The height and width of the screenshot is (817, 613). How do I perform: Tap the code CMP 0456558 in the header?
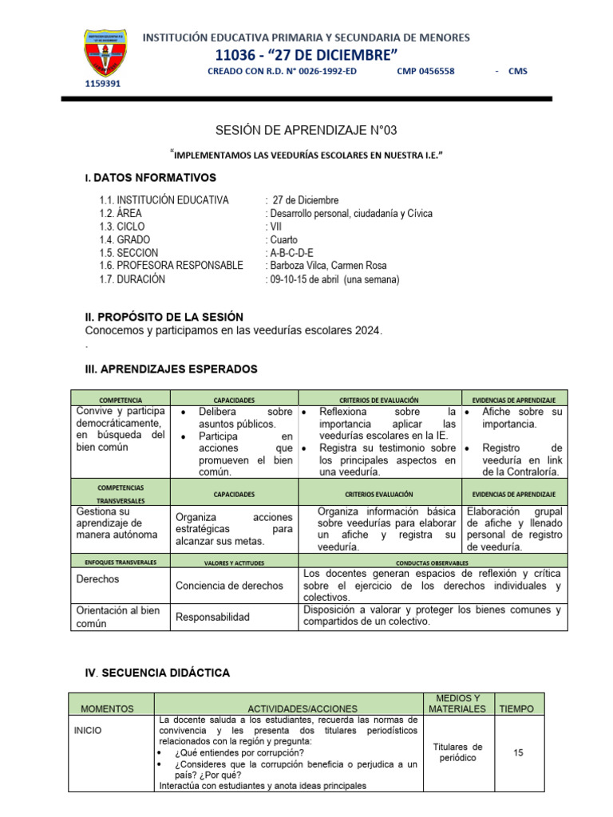click(425, 71)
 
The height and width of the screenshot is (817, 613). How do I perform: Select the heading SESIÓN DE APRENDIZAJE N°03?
click(306, 130)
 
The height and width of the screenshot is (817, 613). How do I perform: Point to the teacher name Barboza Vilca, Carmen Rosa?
click(327, 266)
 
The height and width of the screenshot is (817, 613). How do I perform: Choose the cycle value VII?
click(276, 227)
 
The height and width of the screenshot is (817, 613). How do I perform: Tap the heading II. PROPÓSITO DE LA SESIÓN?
click(164, 317)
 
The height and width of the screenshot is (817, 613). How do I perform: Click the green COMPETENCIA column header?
click(121, 398)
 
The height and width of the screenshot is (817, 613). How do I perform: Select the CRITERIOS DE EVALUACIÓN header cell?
click(379, 398)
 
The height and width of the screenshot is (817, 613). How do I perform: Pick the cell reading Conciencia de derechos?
click(229, 585)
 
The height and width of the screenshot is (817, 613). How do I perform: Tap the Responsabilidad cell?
click(212, 617)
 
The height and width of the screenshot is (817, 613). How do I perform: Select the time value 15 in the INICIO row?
click(519, 752)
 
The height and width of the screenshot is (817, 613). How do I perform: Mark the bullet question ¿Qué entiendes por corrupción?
click(235, 752)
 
